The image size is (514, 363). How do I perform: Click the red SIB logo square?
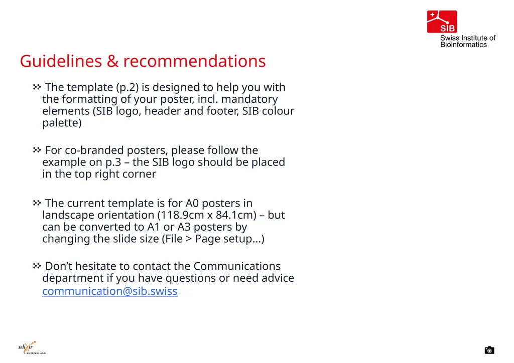coord(442,22)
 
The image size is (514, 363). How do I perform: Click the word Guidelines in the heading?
coord(61,61)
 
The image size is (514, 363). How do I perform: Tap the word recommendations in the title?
coord(194,61)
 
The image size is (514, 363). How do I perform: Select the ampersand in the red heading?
coord(113,61)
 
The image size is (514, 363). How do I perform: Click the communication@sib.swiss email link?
coord(110,291)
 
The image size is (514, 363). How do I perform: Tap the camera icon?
coord(489,350)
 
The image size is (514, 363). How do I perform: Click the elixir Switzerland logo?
coord(32,347)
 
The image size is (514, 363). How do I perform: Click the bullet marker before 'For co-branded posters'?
coord(37,150)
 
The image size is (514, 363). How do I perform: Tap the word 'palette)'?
coord(62,123)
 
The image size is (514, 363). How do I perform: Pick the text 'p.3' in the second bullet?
coord(113,162)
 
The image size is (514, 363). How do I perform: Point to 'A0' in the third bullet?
coord(192,203)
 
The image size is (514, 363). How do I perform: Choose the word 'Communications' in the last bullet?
coord(237,266)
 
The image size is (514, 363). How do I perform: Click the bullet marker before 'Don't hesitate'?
coord(37,266)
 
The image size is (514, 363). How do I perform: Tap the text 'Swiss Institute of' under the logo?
coord(468,38)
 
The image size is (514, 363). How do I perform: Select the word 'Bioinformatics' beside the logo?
coord(463,45)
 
